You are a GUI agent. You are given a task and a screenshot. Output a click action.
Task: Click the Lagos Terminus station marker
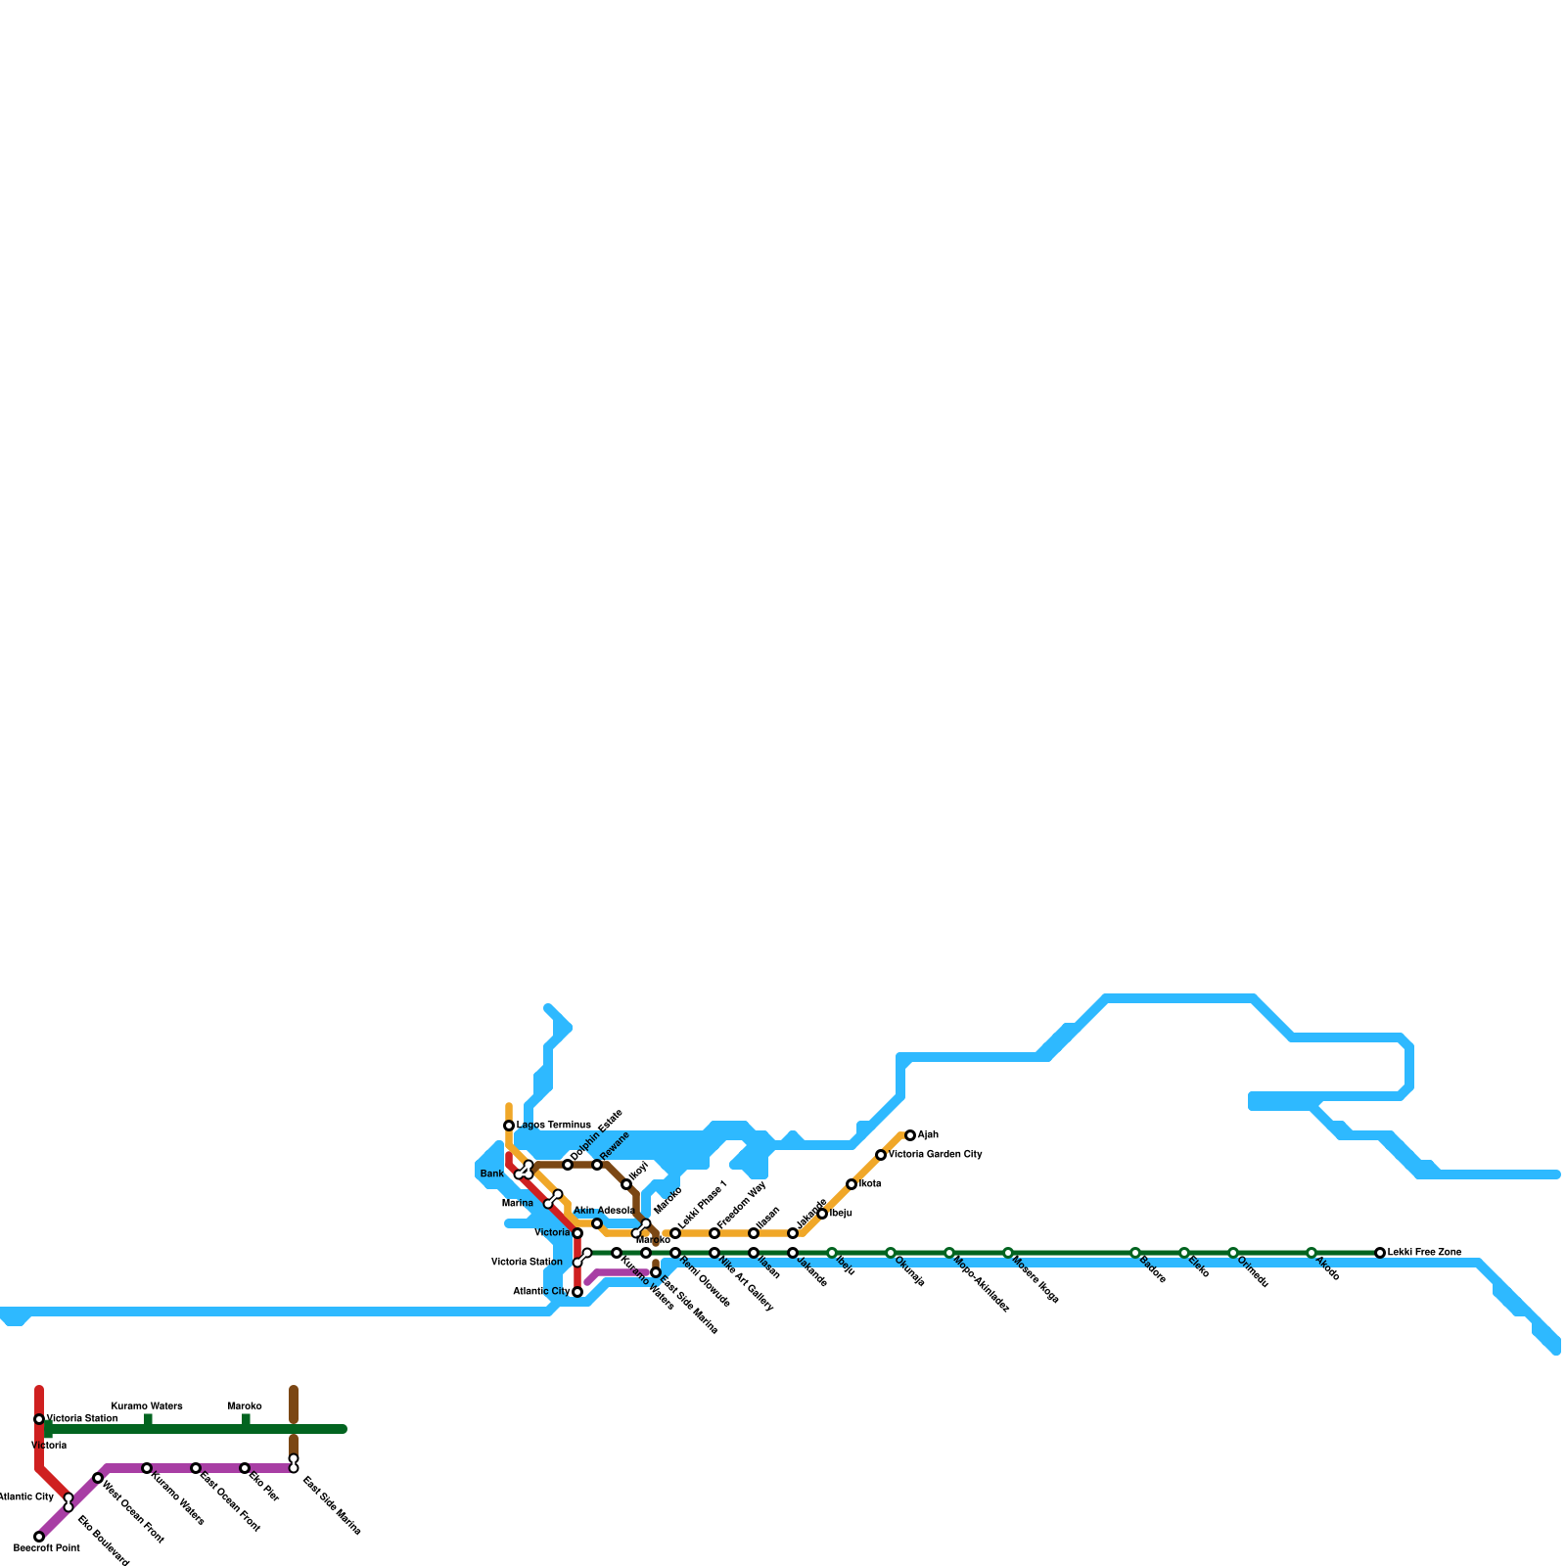509,1126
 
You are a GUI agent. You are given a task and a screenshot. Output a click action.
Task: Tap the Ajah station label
928,1135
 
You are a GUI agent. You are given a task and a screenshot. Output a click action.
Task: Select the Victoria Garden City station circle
881,1155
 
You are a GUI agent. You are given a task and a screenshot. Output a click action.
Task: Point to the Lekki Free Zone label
1424,1253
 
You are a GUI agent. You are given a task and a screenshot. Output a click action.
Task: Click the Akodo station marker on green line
1312,1253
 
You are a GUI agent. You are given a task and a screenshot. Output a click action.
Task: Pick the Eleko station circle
1184,1253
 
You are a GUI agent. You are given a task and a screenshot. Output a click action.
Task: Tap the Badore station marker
1135,1253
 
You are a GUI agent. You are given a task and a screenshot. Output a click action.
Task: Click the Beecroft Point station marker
39,1537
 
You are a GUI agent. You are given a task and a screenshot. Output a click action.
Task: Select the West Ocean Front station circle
98,1478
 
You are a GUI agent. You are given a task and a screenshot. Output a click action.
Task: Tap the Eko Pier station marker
245,1468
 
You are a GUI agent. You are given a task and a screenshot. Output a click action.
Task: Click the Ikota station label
870,1184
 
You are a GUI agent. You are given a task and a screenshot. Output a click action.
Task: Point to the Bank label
491,1174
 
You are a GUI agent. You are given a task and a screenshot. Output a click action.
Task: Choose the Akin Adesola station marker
597,1223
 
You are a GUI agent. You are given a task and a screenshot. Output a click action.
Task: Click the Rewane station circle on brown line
597,1165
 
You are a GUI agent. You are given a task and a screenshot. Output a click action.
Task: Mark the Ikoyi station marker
626,1184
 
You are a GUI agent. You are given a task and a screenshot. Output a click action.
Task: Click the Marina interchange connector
553,1199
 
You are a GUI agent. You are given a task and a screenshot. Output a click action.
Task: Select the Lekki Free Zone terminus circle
1380,1253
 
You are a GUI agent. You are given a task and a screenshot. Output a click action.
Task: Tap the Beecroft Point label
47,1548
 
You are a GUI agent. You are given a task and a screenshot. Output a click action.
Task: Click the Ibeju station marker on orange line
822,1214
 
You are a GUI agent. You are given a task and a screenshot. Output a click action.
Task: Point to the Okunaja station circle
891,1253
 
